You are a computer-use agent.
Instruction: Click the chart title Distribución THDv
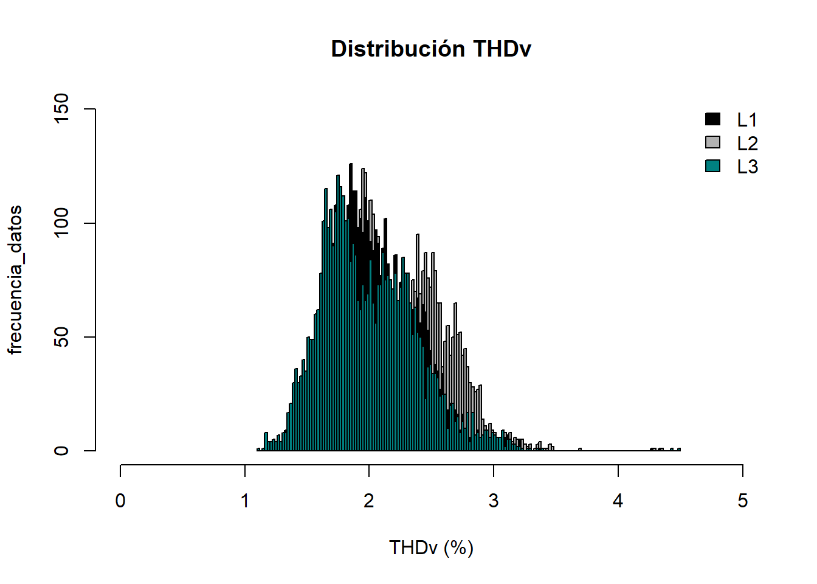431,49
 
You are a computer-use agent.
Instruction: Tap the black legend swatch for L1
712,119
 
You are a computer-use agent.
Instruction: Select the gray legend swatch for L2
712,142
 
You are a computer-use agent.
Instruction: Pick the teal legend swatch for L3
712,165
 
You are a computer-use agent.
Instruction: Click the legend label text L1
747,120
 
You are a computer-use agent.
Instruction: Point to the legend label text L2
747,144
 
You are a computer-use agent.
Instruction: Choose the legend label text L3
747,167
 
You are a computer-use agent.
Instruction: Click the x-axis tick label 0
120,501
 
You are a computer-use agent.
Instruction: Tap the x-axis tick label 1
245,501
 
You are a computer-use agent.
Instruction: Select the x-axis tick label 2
369,501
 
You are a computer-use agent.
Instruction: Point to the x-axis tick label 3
494,501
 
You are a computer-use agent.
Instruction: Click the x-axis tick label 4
618,501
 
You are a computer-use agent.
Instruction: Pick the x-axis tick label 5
742,501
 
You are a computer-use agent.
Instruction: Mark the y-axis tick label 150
62,109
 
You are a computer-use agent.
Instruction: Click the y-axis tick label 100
62,223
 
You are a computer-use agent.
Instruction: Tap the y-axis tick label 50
62,337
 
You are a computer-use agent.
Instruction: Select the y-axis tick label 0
62,451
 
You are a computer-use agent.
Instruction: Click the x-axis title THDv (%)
431,547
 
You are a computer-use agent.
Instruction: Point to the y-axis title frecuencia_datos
15,280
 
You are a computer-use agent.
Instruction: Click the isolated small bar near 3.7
580,450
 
